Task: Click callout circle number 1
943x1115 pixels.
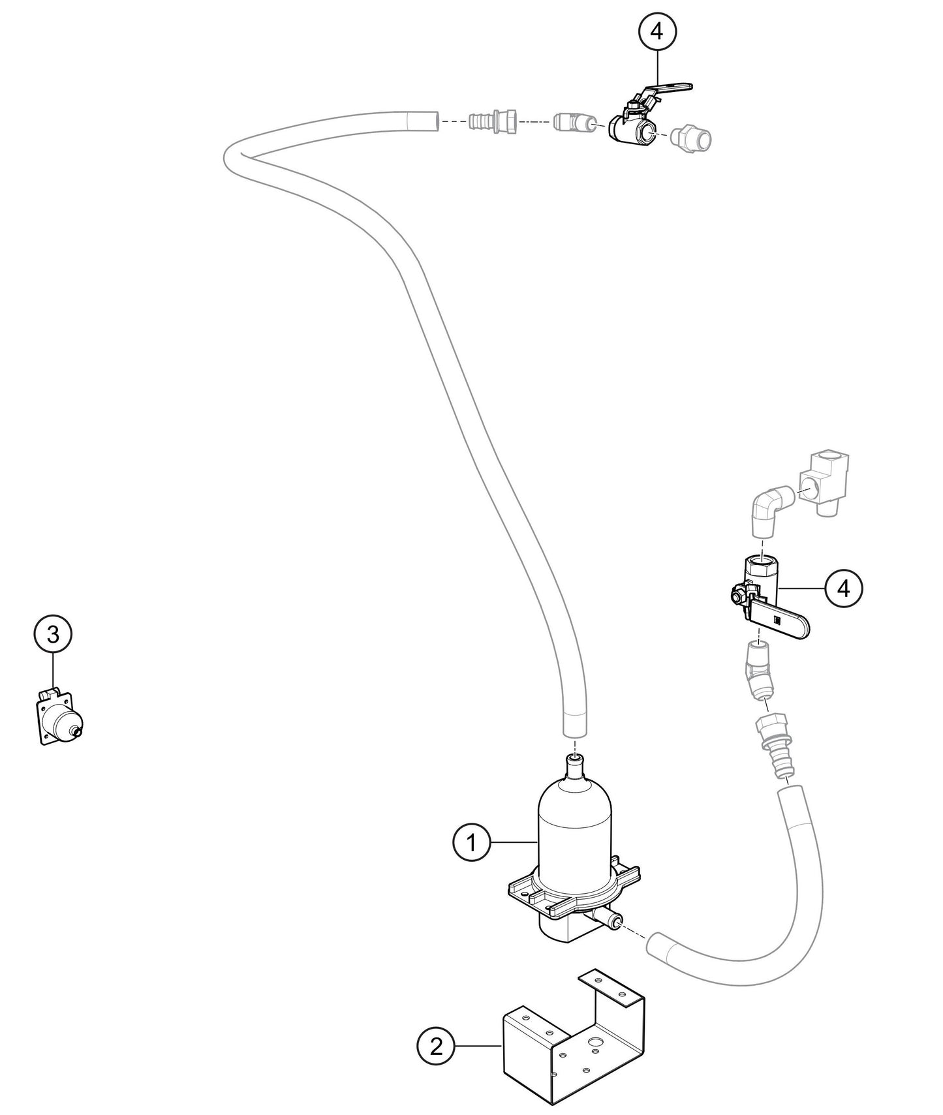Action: [x=471, y=843]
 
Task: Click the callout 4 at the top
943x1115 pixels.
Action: [x=657, y=31]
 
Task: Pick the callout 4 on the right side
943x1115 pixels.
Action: [x=844, y=588]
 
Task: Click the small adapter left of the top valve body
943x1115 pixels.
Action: [x=572, y=122]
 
